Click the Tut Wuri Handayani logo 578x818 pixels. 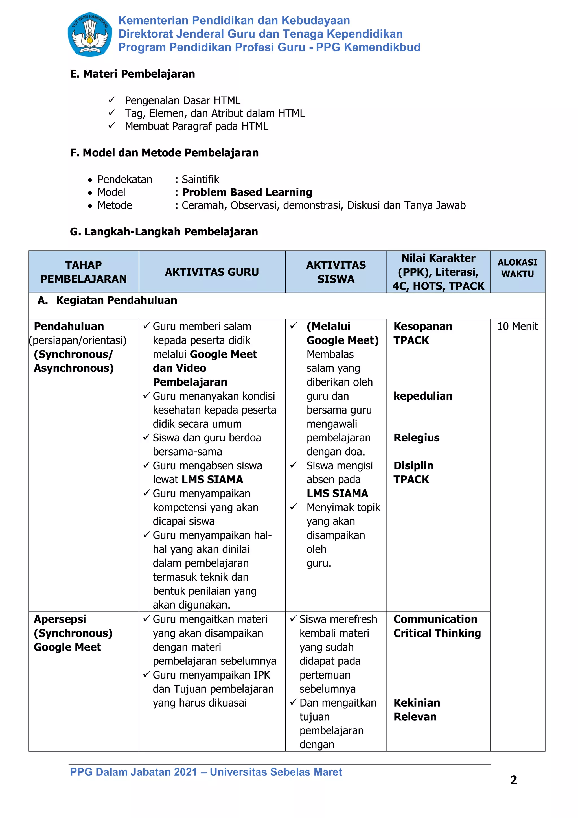click(90, 34)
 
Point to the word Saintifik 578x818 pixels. click(200, 179)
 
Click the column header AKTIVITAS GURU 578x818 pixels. click(212, 272)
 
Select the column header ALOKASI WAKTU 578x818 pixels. click(517, 268)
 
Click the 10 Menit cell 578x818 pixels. click(517, 326)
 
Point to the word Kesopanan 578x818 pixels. click(423, 326)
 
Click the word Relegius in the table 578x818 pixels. click(416, 438)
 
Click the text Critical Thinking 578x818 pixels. click(437, 633)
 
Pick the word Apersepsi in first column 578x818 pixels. click(60, 619)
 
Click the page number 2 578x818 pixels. click(514, 780)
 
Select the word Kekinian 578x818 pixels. click(417, 703)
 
